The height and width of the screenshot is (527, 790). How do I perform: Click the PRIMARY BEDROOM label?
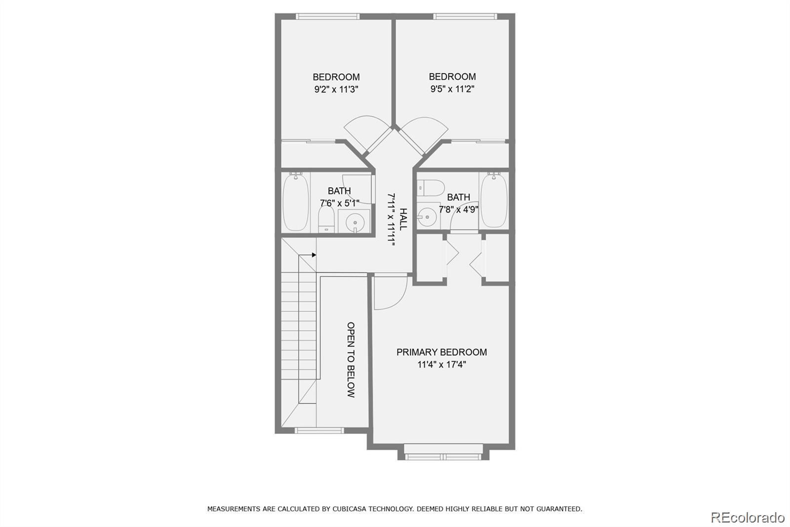pyautogui.click(x=441, y=352)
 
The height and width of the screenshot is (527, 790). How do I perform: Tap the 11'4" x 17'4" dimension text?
pyautogui.click(x=441, y=364)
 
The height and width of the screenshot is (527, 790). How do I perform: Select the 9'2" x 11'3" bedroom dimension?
pyautogui.click(x=336, y=89)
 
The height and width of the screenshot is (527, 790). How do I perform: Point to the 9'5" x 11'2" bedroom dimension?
pyautogui.click(x=452, y=89)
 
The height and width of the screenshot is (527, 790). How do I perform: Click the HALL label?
pyautogui.click(x=403, y=220)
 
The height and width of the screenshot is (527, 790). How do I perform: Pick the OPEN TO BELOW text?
pyautogui.click(x=351, y=359)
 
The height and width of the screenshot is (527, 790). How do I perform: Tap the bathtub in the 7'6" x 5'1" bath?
pyautogui.click(x=296, y=202)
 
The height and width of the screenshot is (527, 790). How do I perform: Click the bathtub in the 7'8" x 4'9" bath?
pyautogui.click(x=494, y=200)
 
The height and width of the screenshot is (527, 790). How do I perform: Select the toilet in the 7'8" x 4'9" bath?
pyautogui.click(x=430, y=188)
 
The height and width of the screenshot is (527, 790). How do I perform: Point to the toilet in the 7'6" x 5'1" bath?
pyautogui.click(x=326, y=220)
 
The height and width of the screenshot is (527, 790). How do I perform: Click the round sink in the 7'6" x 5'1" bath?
pyautogui.click(x=355, y=222)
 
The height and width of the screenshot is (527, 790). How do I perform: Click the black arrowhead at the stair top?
pyautogui.click(x=314, y=255)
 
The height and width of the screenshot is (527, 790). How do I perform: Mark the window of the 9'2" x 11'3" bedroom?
pyautogui.click(x=328, y=16)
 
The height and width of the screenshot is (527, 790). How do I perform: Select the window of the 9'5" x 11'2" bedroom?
pyautogui.click(x=465, y=16)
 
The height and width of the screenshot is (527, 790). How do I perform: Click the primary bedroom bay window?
pyautogui.click(x=443, y=457)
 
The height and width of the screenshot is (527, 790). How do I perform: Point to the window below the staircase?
pyautogui.click(x=319, y=430)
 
